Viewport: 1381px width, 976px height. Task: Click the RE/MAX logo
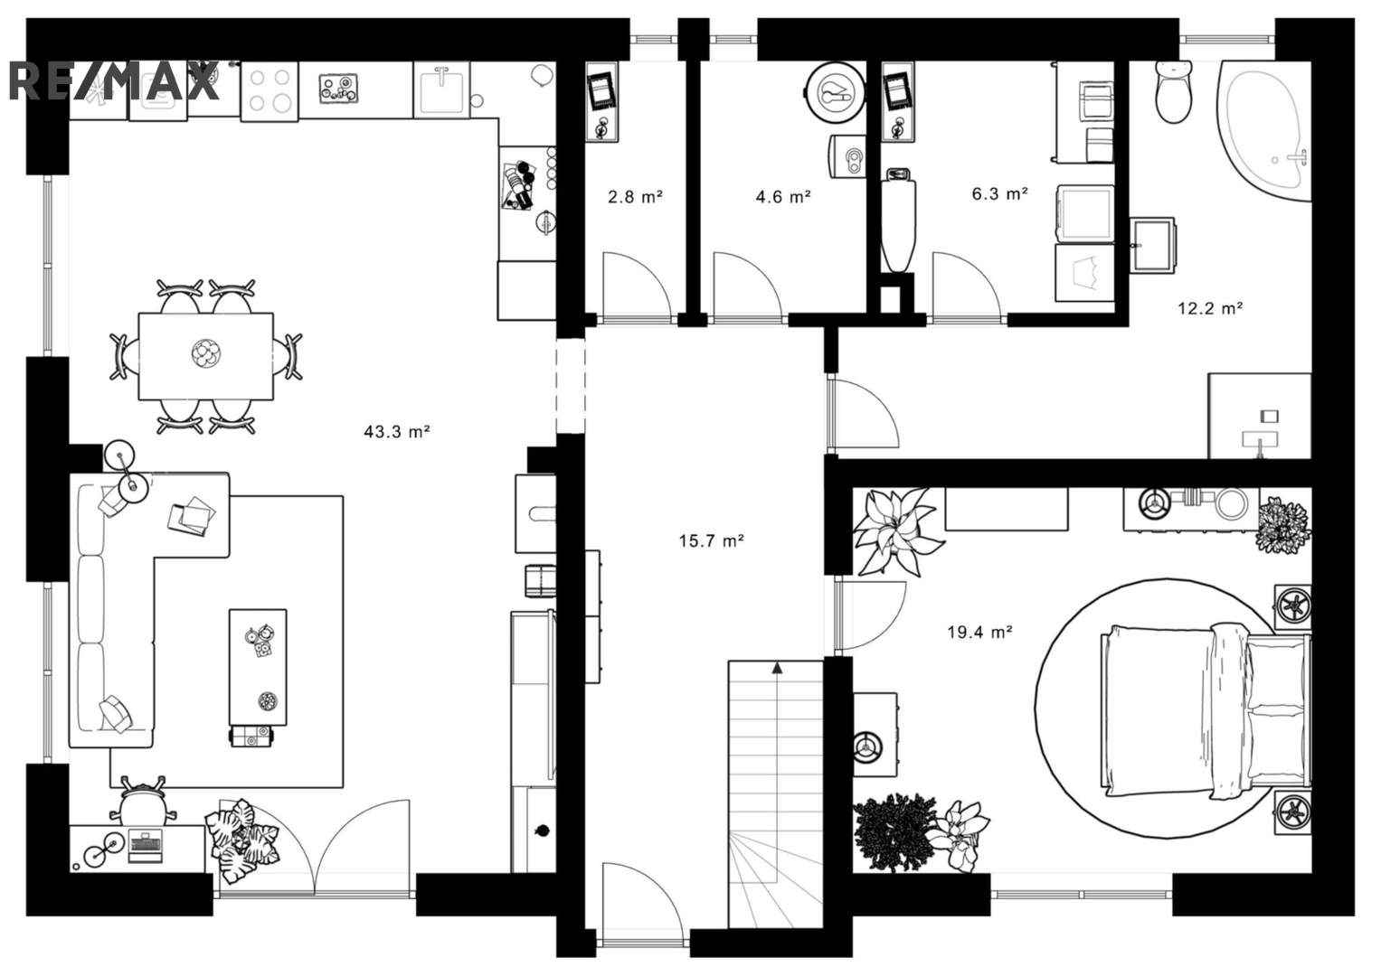click(115, 80)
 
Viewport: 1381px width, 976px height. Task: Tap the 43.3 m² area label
click(396, 431)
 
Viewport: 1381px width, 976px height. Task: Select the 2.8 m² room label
click(635, 197)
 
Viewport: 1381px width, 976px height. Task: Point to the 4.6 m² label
click(783, 197)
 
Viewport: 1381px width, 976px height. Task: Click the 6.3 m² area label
click(999, 194)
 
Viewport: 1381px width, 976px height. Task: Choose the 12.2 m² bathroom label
click(1210, 308)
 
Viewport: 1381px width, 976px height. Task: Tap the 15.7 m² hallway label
click(712, 541)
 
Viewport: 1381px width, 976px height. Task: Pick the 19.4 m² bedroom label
click(980, 633)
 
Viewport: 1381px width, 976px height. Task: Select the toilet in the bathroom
click(1174, 91)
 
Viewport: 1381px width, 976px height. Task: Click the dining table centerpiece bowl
click(205, 354)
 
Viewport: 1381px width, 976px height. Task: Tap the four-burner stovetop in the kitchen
click(270, 90)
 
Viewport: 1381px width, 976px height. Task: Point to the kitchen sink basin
click(441, 90)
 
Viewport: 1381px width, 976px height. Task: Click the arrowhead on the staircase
click(777, 667)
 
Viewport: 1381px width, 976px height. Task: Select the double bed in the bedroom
click(1206, 712)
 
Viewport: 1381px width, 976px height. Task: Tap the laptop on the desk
click(146, 847)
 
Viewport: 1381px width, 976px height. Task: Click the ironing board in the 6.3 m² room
click(898, 220)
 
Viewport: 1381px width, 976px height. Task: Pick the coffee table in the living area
click(258, 668)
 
